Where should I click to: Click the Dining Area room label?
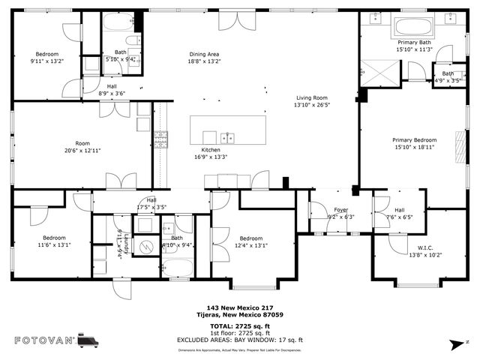click(203, 54)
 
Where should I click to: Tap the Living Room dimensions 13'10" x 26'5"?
click(312, 106)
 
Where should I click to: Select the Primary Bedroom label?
click(414, 139)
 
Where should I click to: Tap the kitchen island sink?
click(229, 137)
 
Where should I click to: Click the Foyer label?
click(341, 211)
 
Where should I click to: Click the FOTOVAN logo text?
click(44, 340)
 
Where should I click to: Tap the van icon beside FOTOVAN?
click(88, 340)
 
